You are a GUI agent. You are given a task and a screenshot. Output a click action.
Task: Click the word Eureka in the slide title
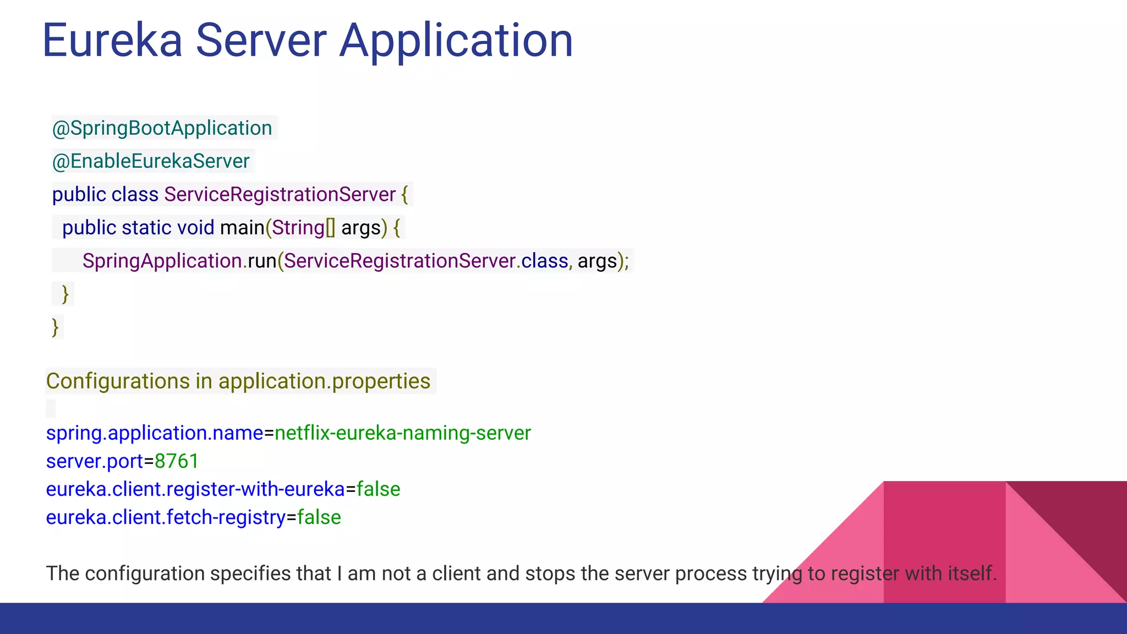(112, 40)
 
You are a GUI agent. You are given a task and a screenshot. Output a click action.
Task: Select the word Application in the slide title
(456, 41)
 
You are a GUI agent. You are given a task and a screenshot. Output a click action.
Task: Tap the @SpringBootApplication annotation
(162, 128)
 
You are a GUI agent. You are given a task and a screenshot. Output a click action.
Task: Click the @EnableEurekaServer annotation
(151, 161)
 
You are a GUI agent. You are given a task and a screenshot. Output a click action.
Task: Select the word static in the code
(146, 228)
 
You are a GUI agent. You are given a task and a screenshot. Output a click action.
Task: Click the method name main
(242, 228)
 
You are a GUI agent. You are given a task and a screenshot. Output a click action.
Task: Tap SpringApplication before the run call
(162, 261)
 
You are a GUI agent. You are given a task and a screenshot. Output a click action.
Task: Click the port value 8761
(177, 461)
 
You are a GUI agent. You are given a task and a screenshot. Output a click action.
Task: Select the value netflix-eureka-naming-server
(403, 433)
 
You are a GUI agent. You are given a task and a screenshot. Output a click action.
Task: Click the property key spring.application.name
(155, 433)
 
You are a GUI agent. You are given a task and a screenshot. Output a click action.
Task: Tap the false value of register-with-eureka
(379, 489)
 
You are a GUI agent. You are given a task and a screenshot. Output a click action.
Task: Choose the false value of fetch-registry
(319, 517)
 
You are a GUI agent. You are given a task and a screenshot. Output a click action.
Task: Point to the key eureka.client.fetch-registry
(166, 517)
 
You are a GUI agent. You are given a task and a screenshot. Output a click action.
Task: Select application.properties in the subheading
(325, 381)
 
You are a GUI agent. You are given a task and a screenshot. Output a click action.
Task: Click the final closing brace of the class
(55, 327)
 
